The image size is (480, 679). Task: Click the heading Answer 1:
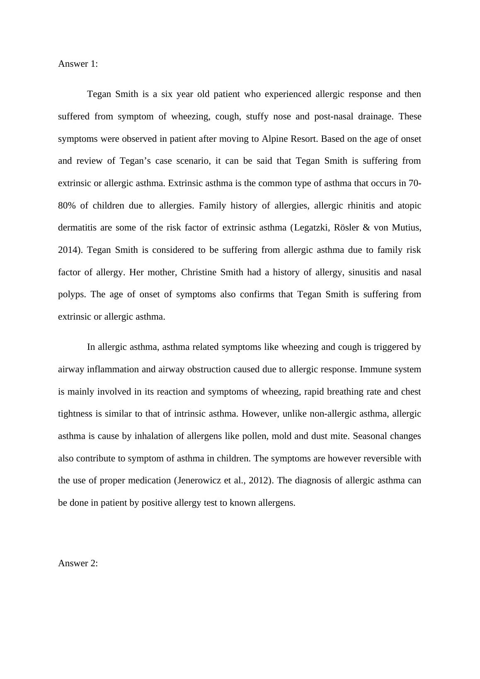78,64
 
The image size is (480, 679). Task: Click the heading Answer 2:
78,563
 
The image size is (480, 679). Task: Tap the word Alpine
274,139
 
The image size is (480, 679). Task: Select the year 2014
66,250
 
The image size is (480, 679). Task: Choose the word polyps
71,295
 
